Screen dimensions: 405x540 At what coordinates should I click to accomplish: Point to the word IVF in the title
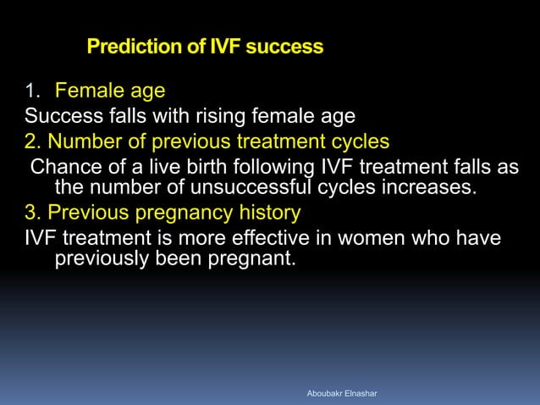point(217,47)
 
